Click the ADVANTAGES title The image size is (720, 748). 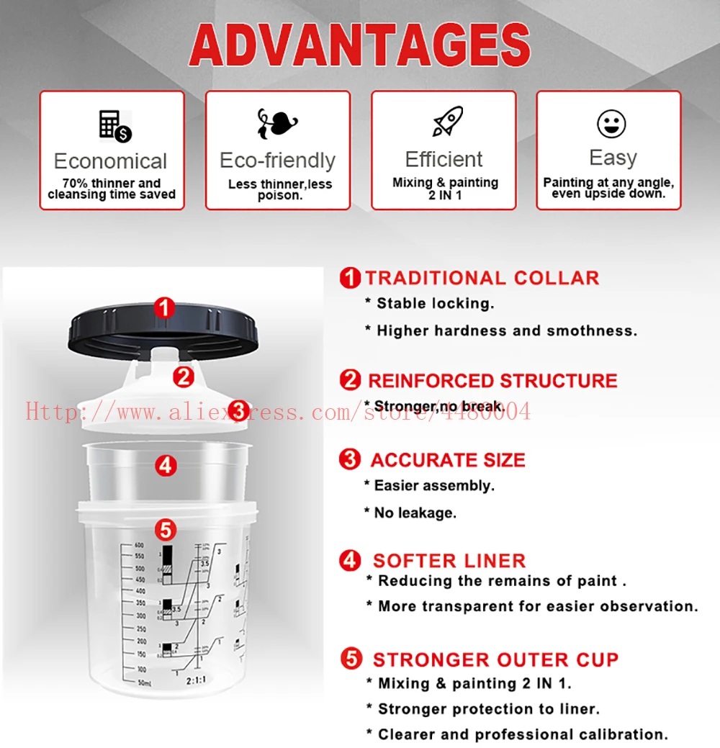click(359, 45)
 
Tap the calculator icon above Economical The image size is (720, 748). click(114, 127)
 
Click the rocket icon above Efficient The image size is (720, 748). click(447, 122)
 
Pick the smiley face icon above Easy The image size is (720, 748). click(611, 124)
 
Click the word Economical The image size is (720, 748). click(110, 161)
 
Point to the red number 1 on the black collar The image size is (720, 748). click(165, 309)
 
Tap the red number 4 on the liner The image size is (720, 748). click(166, 466)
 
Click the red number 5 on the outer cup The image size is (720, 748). click(166, 531)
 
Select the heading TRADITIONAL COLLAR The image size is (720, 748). click(482, 279)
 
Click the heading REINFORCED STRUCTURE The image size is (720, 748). click(492, 381)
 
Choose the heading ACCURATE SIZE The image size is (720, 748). click(448, 460)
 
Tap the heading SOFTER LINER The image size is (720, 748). click(449, 561)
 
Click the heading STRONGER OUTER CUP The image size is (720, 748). click(495, 659)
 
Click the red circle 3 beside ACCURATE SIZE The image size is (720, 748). click(350, 459)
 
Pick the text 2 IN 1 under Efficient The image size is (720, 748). click(445, 196)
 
